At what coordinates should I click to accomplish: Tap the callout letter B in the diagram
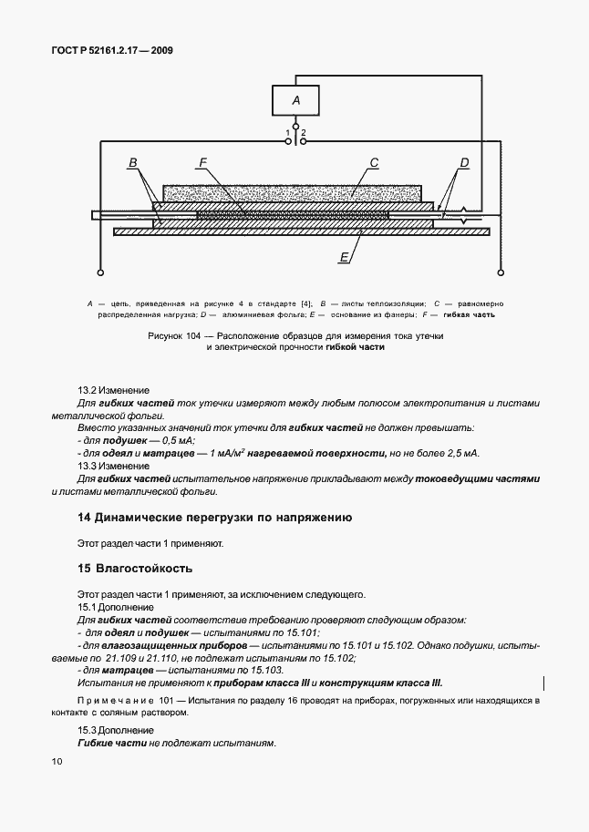tap(133, 164)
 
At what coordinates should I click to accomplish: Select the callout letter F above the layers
tap(203, 164)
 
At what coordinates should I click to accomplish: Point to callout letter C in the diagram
tap(374, 164)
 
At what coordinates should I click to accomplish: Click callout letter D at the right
tap(463, 164)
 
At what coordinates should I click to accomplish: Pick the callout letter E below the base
tap(345, 258)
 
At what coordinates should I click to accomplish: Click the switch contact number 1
tap(288, 133)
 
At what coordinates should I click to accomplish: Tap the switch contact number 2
tap(304, 133)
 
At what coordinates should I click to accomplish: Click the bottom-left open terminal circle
tap(99, 272)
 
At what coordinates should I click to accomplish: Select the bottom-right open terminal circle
tap(500, 272)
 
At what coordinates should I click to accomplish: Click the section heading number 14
tap(84, 517)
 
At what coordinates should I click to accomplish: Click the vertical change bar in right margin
tap(544, 683)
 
